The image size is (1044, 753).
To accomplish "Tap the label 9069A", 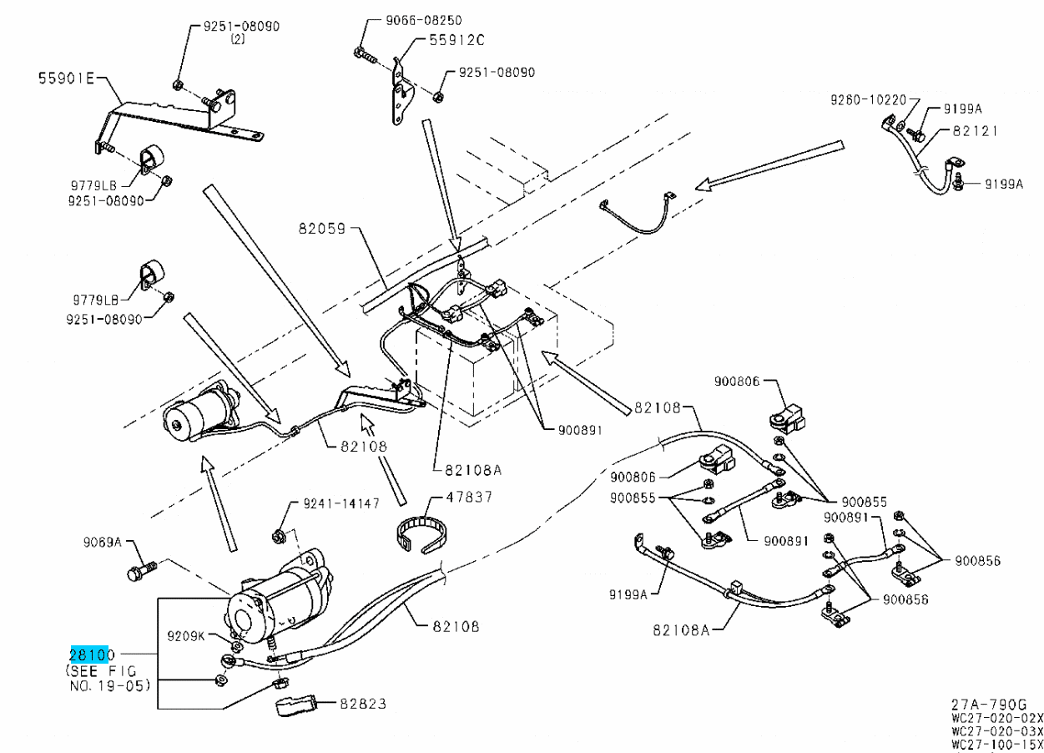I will pyautogui.click(x=102, y=543).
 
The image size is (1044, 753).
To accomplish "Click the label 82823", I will pyautogui.click(x=362, y=704).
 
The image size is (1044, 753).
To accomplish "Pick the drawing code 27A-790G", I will pyautogui.click(x=988, y=704).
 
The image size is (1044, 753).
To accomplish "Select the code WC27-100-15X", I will pyautogui.click(x=996, y=744).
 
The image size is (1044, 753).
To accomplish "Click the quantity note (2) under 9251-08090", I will pyautogui.click(x=237, y=39).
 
